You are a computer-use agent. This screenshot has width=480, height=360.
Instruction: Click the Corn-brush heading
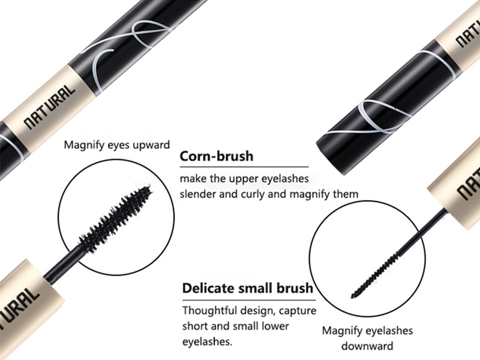click(217, 157)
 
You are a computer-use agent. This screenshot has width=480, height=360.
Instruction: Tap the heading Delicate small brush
click(247, 288)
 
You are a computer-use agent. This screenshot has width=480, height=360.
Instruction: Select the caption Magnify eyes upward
click(117, 145)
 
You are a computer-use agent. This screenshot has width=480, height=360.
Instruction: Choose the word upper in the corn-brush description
click(242, 179)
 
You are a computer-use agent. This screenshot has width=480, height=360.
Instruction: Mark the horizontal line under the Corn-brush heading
click(244, 166)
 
